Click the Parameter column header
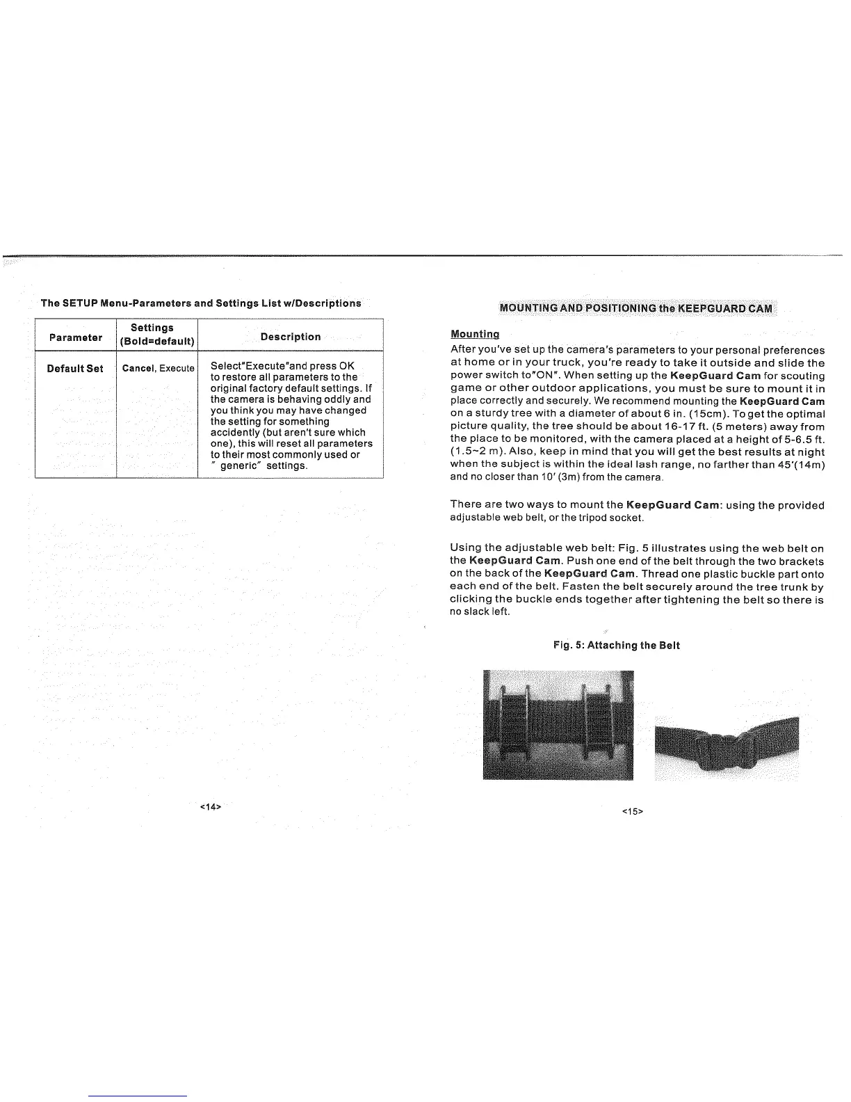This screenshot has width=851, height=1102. click(x=76, y=337)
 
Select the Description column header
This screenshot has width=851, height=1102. click(x=291, y=337)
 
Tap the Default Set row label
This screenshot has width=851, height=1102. click(x=75, y=368)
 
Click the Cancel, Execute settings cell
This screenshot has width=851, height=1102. click(x=158, y=368)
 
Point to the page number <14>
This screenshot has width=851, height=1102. click(x=210, y=807)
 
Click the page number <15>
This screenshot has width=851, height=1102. click(x=632, y=811)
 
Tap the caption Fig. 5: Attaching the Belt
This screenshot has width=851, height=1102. click(x=616, y=645)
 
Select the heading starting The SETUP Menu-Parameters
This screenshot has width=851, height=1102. click(x=201, y=303)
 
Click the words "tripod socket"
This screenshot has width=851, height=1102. click(x=613, y=518)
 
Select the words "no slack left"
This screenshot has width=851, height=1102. click(x=480, y=612)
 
